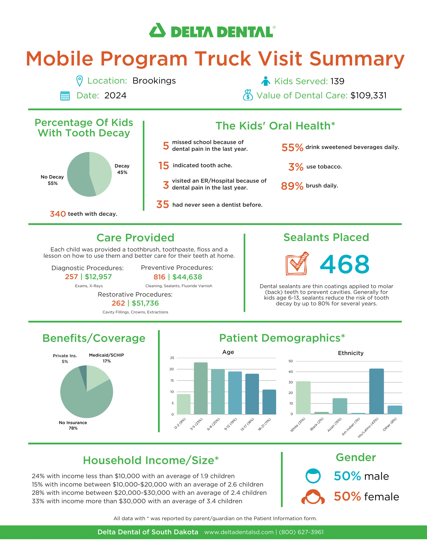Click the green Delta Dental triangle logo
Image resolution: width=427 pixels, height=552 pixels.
point(157,31)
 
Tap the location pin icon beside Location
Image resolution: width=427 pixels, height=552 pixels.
point(79,81)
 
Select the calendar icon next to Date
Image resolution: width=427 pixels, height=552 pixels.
point(65,96)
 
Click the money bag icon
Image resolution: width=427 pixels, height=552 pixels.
point(248,95)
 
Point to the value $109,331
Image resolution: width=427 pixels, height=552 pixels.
point(368,96)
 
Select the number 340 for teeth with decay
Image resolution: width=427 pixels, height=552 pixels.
point(58,214)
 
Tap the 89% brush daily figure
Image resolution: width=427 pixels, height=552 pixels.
point(292,186)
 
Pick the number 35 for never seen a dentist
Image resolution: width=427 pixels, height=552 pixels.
point(163,204)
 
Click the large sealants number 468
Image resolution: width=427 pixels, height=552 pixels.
point(345,264)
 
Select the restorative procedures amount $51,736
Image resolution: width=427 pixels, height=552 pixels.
point(145,303)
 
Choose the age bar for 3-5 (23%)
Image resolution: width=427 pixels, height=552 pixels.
point(201,388)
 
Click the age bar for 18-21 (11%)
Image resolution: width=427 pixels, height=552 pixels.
point(269,402)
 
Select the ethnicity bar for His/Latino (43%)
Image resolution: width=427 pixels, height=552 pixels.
point(377,391)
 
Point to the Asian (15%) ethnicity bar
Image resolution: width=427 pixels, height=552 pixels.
point(340,406)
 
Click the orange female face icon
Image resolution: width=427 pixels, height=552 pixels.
point(313,497)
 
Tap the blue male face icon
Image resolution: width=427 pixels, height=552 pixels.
point(313,476)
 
